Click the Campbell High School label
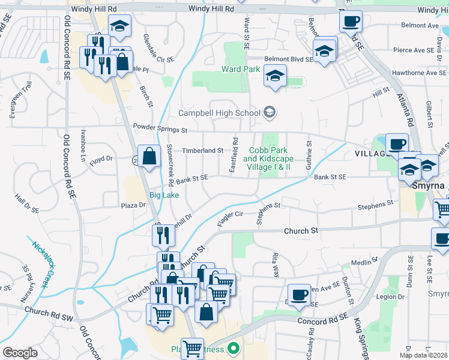[220, 113]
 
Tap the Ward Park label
[240, 69]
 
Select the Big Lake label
[163, 195]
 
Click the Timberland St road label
[203, 151]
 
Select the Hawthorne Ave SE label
[415, 73]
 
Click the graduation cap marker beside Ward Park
[276, 76]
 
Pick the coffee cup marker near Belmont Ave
[351, 21]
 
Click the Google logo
[20, 352]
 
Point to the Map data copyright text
[424, 355]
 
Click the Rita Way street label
[276, 263]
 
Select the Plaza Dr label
[133, 205]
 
